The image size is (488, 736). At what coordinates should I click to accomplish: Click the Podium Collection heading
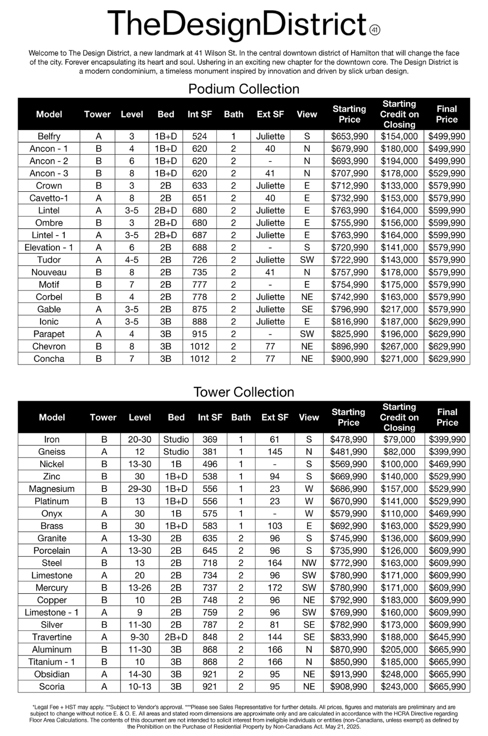pos(244,89)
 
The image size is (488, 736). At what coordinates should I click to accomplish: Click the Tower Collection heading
pos(244,392)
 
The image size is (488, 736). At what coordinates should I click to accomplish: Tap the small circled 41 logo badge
pos(374,30)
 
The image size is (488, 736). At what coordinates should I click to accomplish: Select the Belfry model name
pos(49,136)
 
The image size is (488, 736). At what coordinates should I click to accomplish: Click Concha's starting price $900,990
pos(349,359)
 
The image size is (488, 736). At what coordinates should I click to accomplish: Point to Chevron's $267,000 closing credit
pos(399,346)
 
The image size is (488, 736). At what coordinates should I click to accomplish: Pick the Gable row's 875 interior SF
pos(200,309)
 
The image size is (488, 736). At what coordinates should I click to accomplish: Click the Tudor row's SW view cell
pos(307,260)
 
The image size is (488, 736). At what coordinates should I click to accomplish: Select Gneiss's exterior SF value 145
pos(275,452)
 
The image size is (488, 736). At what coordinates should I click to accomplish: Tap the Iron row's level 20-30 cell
pos(139,439)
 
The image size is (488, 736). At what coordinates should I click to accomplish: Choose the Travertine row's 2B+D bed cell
pos(176,637)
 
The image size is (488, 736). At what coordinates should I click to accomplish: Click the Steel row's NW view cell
pos(309,563)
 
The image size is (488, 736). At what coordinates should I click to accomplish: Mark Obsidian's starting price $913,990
pos(348,674)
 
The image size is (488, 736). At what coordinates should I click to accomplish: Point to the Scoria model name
pos(52,687)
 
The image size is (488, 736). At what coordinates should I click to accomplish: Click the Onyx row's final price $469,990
pos(447,513)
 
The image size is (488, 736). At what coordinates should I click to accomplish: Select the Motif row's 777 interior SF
pos(200,285)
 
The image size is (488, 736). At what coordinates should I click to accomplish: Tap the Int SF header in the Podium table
pos(200,114)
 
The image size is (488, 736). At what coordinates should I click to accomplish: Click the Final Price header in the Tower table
pos(447,417)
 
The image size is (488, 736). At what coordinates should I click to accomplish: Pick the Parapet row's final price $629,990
pos(447,334)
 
